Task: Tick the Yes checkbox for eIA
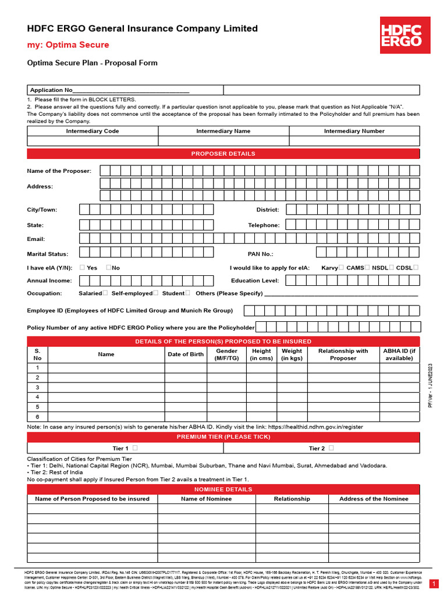(82, 268)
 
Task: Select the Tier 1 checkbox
(135, 448)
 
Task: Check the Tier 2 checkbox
(331, 448)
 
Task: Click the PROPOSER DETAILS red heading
(223, 154)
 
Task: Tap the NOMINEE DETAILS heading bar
(223, 489)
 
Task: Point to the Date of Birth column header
(186, 354)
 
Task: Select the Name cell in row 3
(106, 388)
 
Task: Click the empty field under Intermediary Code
(93, 141)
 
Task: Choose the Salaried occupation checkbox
(105, 293)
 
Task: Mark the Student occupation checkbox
(188, 293)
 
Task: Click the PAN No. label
(260, 254)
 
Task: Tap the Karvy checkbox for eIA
(342, 268)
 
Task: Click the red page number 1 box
(434, 584)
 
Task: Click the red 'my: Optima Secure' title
(68, 45)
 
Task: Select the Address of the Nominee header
(374, 499)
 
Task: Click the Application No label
(51, 90)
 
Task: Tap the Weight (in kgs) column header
(292, 354)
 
